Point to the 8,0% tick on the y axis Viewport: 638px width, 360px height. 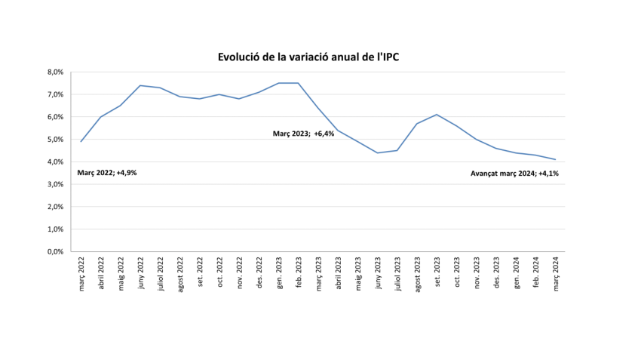click(x=55, y=72)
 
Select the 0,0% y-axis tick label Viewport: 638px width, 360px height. click(x=55, y=251)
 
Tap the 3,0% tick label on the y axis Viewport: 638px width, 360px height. click(x=55, y=184)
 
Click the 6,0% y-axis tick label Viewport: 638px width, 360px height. click(x=55, y=117)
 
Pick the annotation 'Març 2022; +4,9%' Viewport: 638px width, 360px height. click(x=107, y=173)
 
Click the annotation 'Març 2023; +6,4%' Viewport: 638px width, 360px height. click(x=303, y=134)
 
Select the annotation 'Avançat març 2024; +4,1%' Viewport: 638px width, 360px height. click(x=514, y=173)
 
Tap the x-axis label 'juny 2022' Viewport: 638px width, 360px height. click(x=141, y=274)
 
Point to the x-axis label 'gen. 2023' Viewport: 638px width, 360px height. click(x=279, y=274)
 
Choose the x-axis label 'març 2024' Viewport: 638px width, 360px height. click(x=556, y=274)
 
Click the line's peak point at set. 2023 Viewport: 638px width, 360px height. click(x=437, y=115)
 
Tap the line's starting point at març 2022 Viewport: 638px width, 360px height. click(x=81, y=141)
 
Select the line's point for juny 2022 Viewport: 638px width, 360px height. click(x=141, y=85)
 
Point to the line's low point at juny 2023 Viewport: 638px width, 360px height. click(x=378, y=152)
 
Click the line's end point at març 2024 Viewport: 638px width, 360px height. click(x=556, y=159)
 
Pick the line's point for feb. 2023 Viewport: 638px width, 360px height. click(x=299, y=83)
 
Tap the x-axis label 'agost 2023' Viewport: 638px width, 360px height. click(x=418, y=275)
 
